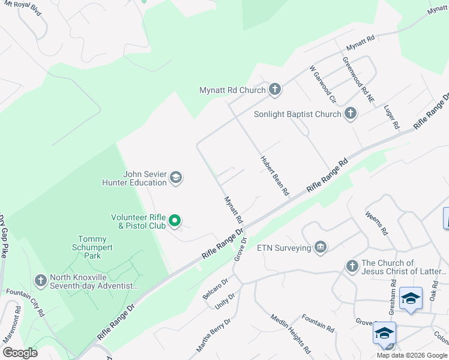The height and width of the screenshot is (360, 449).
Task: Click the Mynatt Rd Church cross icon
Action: point(275,90)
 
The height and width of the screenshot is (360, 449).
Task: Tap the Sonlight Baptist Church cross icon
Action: point(351,114)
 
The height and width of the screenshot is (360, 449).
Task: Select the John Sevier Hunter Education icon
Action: point(176,178)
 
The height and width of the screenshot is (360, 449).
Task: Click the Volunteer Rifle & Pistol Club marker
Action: point(175,221)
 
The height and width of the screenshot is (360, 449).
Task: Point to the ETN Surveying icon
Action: point(320,247)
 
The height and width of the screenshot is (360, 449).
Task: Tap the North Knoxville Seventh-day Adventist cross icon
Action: point(40,280)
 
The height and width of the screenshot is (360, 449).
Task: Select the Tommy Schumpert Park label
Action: point(92,247)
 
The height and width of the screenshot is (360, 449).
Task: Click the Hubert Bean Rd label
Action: point(274,176)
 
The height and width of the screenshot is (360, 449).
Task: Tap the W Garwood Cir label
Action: point(322,85)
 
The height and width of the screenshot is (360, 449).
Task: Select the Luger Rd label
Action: point(391,117)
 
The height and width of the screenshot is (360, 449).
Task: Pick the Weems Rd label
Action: point(376,223)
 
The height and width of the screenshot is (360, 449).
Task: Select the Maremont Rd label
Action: point(12,325)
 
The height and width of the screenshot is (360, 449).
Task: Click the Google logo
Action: point(20,353)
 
